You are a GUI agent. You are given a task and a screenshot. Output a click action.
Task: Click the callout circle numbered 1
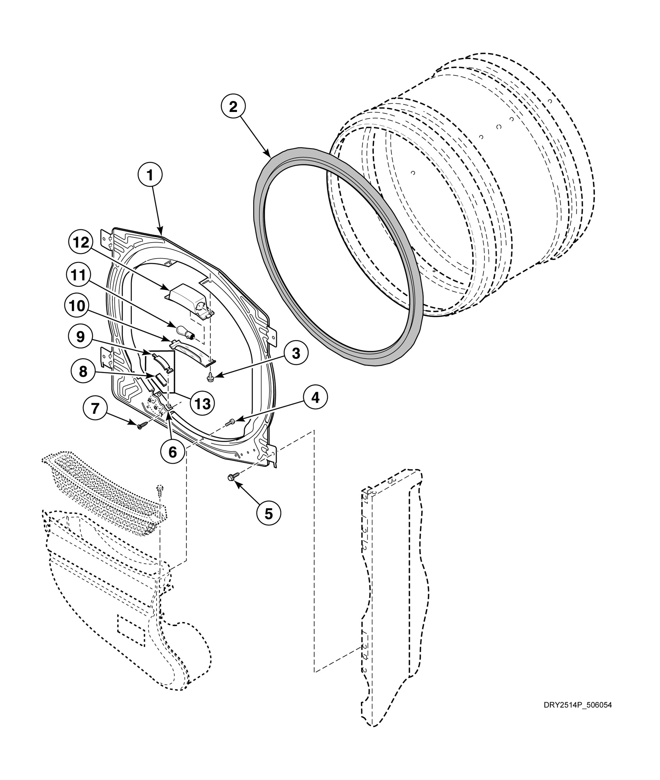(x=150, y=176)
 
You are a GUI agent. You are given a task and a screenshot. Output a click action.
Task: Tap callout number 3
(x=296, y=354)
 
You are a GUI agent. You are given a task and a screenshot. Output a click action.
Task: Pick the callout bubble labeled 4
(x=315, y=398)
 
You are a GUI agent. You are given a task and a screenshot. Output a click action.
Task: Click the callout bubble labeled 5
(x=269, y=514)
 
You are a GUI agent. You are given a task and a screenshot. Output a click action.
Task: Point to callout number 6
(x=173, y=452)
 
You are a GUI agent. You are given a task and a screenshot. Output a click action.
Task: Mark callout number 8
(x=83, y=371)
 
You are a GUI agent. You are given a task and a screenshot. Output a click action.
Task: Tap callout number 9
(x=80, y=337)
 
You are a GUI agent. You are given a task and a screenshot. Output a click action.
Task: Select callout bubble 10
(x=77, y=306)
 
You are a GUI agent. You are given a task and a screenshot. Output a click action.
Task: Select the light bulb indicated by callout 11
(x=186, y=332)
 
